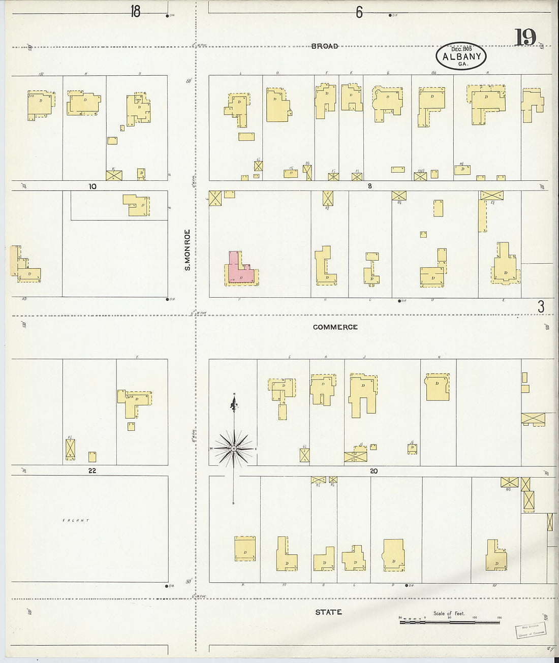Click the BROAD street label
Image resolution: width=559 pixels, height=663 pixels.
click(x=325, y=46)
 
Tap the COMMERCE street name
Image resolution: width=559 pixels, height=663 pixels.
click(x=335, y=327)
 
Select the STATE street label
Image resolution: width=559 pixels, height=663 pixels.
click(x=328, y=612)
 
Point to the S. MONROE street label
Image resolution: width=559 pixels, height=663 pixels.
click(x=187, y=249)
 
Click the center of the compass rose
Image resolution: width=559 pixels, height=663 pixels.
click(x=233, y=449)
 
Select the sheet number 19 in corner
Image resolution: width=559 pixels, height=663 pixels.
click(x=525, y=38)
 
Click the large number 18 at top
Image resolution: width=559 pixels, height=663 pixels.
click(x=135, y=11)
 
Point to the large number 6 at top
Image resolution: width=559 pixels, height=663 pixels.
click(x=359, y=12)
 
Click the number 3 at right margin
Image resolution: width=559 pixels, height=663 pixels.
click(x=541, y=307)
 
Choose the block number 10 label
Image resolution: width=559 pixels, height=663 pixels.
click(x=92, y=186)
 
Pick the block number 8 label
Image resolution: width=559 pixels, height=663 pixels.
click(x=369, y=186)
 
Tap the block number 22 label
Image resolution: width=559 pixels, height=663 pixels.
click(x=92, y=471)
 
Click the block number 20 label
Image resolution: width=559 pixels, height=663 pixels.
click(x=374, y=471)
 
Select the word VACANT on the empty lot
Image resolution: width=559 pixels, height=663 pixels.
click(x=76, y=521)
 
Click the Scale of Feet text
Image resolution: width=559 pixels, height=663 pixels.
click(x=449, y=613)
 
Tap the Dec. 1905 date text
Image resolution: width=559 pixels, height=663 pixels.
click(x=461, y=49)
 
